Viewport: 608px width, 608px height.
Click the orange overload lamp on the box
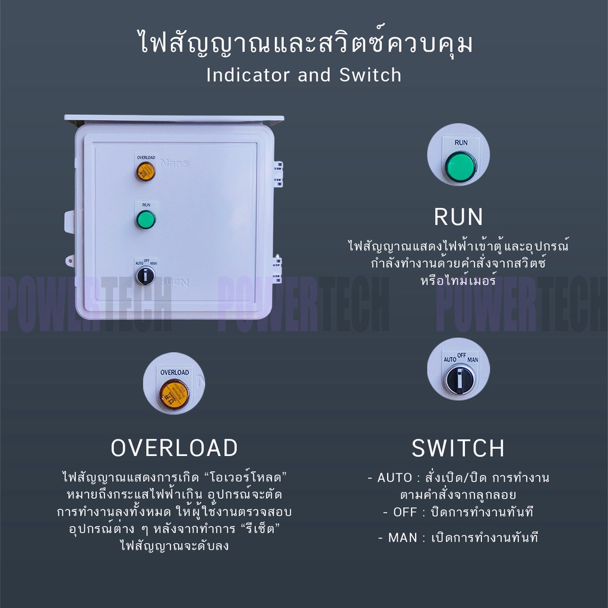(145, 171)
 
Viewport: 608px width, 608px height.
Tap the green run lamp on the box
(146, 220)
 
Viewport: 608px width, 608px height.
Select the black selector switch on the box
(145, 275)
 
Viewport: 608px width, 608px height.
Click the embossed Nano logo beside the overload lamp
(175, 164)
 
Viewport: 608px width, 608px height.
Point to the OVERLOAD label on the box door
(146, 157)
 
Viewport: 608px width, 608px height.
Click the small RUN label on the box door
(146, 205)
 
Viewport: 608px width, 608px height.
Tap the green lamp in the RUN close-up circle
(460, 167)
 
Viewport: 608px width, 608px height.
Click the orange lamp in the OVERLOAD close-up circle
(174, 394)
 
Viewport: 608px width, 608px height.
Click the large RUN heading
(459, 217)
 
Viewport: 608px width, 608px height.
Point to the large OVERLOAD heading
(174, 448)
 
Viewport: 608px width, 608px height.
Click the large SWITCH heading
(458, 448)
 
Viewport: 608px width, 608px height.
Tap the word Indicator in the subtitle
(248, 75)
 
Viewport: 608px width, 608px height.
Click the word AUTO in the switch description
(395, 478)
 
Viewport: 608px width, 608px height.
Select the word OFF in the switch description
(405, 512)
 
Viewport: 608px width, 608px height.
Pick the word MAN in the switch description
(403, 537)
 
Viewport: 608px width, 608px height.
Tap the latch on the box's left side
(69, 222)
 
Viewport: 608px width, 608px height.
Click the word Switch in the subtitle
(370, 75)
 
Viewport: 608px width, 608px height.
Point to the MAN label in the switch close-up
(473, 359)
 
